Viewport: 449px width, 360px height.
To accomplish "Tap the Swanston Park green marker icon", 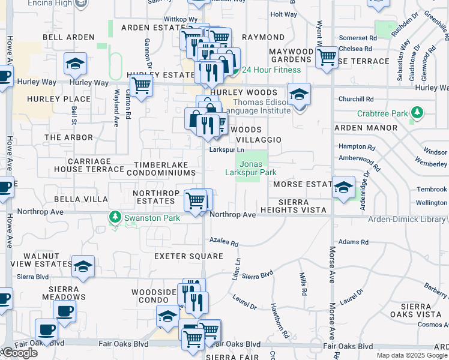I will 114,217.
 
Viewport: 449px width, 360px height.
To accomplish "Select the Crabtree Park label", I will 382,113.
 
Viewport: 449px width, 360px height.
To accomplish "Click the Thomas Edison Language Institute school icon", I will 299,95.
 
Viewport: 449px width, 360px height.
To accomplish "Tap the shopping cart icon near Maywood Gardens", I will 327,58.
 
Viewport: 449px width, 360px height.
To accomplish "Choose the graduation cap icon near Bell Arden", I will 76,63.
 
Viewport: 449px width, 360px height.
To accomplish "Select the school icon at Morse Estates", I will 344,187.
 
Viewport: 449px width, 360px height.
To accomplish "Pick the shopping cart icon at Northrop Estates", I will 196,200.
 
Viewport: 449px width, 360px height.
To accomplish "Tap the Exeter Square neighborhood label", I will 181,256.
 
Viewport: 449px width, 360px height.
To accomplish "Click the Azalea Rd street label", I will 224,243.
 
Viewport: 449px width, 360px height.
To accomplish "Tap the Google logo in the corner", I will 19,353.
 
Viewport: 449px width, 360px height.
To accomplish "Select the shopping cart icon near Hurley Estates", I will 141,85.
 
